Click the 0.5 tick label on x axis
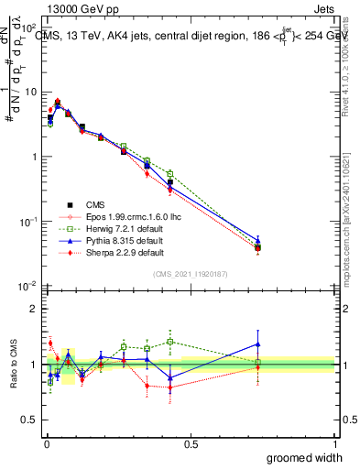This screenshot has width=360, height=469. point(191,443)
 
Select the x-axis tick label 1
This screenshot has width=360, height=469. point(334,443)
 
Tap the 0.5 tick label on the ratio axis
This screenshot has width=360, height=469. point(29,420)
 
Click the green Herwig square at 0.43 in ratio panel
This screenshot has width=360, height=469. point(170,342)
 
